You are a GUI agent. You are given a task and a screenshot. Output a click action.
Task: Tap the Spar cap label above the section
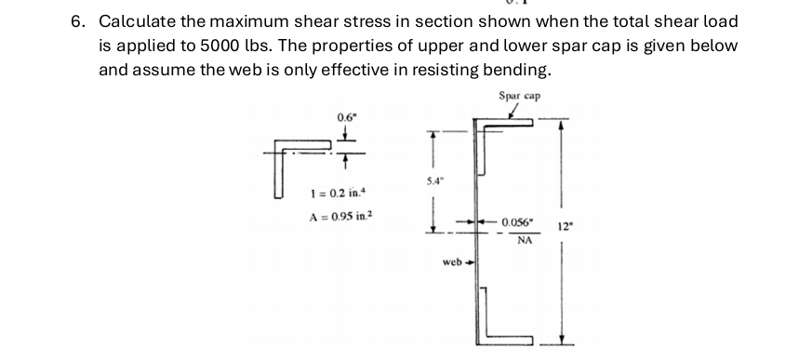519,96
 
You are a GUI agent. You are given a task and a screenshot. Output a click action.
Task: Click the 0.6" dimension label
345,116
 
